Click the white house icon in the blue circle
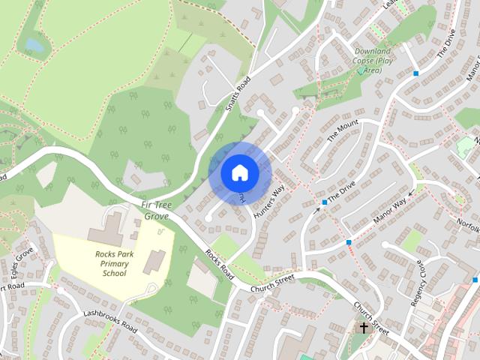(239, 172)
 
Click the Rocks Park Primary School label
(115, 263)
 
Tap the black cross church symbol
(364, 328)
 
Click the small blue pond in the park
(34, 45)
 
